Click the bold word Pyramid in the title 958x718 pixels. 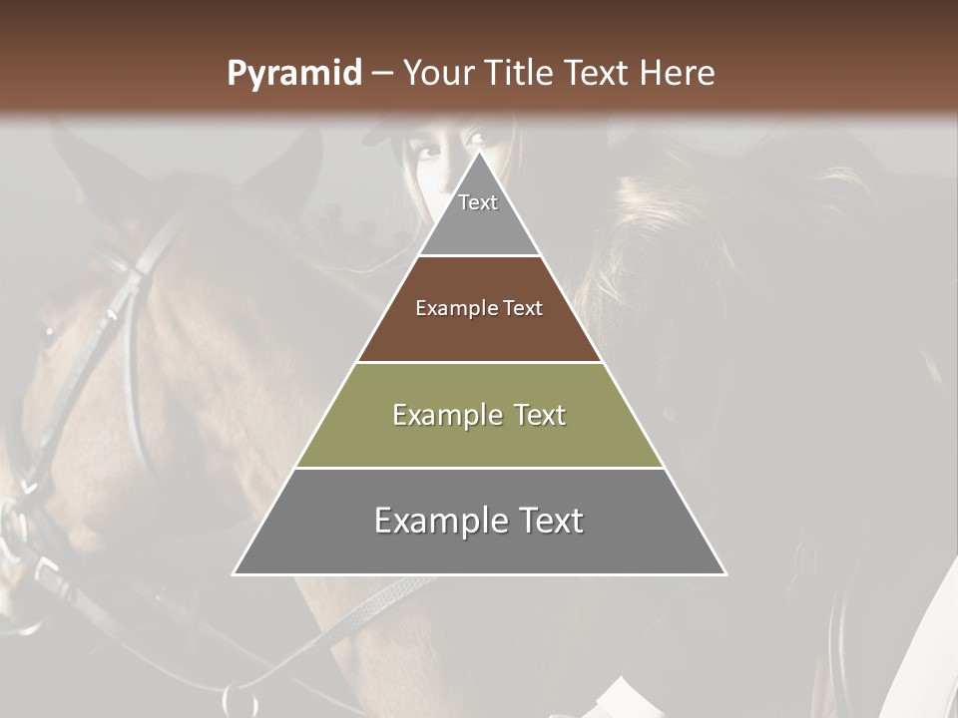(293, 74)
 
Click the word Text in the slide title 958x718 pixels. (599, 74)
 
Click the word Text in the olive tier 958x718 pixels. (533, 415)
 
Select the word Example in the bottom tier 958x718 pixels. (439, 521)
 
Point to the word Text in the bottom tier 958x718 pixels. (550, 521)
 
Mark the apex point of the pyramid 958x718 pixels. (479, 153)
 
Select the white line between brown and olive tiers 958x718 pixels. (479, 362)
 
